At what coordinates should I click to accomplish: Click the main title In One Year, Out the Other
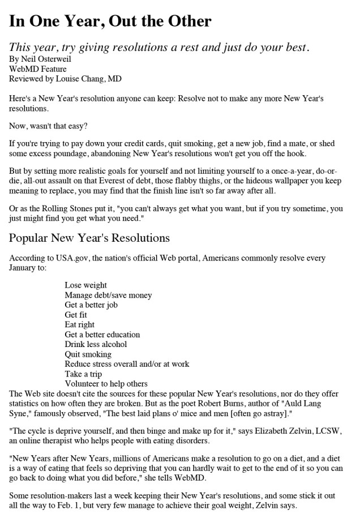coord(110,22)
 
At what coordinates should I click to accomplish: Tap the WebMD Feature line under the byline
coord(38,68)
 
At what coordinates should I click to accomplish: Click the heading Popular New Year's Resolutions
coord(89,237)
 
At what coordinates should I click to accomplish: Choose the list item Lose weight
coord(85,285)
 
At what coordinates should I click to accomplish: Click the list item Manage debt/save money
coord(108,295)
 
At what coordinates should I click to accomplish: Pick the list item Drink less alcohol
coord(96,344)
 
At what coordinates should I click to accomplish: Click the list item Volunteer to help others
coord(106,384)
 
